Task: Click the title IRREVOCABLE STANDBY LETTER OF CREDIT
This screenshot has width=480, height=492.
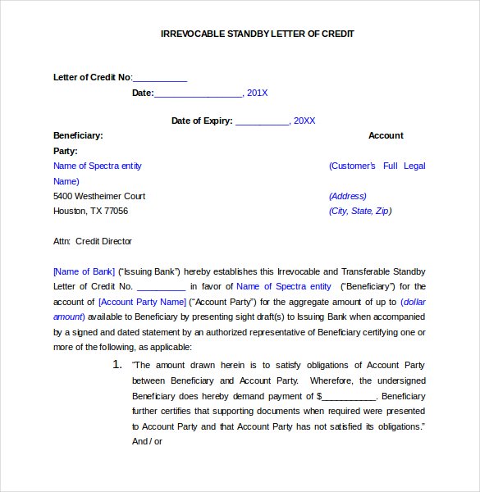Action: (x=257, y=34)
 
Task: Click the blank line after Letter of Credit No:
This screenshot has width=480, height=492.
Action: (x=160, y=78)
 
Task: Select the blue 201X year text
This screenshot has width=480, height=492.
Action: (x=258, y=93)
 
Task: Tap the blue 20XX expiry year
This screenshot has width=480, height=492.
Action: (x=304, y=121)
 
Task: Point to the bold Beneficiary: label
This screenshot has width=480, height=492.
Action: (x=78, y=135)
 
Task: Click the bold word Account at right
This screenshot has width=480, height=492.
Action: (x=386, y=135)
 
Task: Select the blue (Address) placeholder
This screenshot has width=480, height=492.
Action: (x=348, y=196)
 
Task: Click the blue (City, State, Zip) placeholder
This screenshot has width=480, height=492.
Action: (x=360, y=211)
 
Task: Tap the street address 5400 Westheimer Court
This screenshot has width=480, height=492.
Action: (x=99, y=196)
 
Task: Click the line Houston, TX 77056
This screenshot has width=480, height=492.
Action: (x=90, y=211)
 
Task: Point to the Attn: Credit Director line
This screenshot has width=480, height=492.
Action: (x=93, y=241)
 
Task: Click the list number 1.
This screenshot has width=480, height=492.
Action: (x=117, y=364)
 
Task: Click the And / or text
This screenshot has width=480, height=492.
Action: (x=148, y=441)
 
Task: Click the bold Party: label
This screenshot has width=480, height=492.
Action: (x=66, y=151)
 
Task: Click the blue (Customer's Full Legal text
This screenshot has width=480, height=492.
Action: (x=377, y=166)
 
